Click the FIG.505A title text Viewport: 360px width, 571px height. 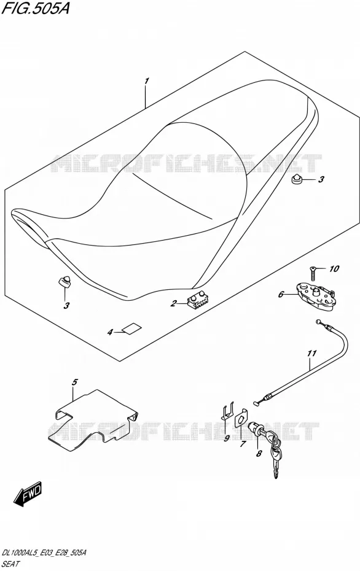click(34, 8)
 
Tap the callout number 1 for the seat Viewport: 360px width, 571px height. click(146, 81)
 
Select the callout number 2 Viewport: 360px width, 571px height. click(174, 303)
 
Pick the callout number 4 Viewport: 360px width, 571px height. click(110, 332)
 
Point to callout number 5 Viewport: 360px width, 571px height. click(74, 382)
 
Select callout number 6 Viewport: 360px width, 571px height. click(281, 294)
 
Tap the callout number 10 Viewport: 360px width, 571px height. click(334, 269)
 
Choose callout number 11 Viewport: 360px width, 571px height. click(311, 353)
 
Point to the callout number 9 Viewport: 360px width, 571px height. click(226, 438)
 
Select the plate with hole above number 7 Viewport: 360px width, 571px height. click(241, 419)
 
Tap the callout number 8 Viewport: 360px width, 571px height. click(259, 454)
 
